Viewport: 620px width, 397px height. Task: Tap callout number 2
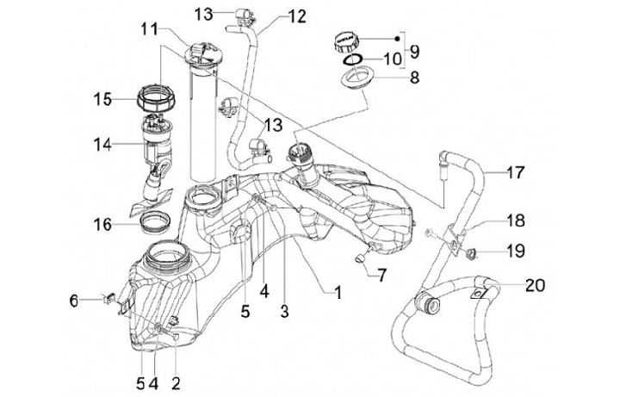tap(175, 379)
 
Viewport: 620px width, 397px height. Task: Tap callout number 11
tap(149, 29)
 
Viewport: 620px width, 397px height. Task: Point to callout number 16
tap(103, 225)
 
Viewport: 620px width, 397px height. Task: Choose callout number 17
tap(515, 172)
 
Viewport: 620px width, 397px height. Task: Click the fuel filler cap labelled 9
tap(347, 40)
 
